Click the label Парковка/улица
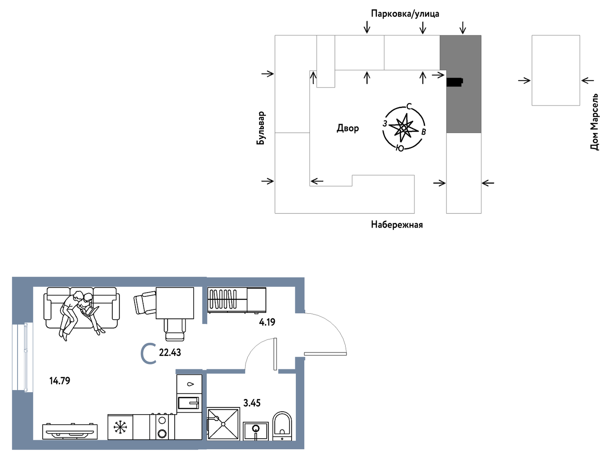point(405,14)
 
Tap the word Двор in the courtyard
point(348,128)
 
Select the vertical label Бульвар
point(260,128)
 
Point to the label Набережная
point(397,224)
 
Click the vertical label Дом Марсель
point(594,122)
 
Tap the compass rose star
point(404,128)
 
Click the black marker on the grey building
point(455,82)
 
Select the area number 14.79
point(60,380)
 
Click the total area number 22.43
point(170,352)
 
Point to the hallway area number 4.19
point(267,322)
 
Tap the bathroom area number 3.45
point(252,402)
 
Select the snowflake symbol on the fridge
point(120,427)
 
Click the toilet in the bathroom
point(282,426)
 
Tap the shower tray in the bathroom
point(223,423)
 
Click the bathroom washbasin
point(256,431)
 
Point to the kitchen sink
point(189,403)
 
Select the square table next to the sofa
point(175,303)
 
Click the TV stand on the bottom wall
point(70,431)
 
